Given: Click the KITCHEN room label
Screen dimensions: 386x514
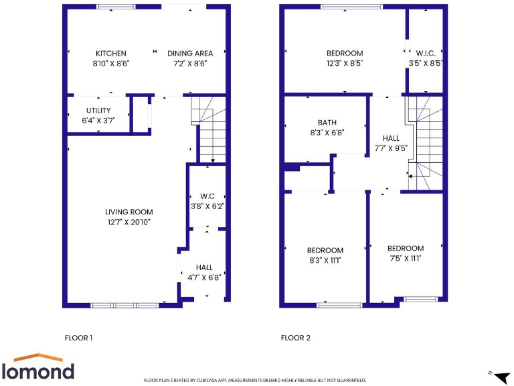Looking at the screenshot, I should [110, 54].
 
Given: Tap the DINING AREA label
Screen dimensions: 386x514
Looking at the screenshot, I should [190, 54].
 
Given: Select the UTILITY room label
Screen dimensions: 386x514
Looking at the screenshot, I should [98, 111].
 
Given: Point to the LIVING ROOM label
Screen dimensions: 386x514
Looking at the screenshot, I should [128, 212].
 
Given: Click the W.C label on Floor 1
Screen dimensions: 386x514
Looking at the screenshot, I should [207, 196].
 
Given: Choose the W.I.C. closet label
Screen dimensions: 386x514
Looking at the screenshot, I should [426, 54].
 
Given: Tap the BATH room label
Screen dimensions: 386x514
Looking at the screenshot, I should [327, 123].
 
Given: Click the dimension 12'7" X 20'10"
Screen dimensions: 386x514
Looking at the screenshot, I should [128, 222].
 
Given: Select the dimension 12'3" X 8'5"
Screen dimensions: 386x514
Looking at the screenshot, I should [345, 64].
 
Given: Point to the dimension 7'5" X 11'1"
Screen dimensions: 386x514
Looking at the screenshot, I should [405, 258].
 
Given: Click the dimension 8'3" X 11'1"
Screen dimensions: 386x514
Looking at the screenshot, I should [325, 260].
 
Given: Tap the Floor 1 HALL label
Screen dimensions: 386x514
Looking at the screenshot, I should [204, 267].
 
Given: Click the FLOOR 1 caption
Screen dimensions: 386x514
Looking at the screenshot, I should [78, 338].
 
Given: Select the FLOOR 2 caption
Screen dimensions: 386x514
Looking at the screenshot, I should [295, 338].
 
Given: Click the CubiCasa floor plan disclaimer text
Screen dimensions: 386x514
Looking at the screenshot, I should [255, 380].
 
